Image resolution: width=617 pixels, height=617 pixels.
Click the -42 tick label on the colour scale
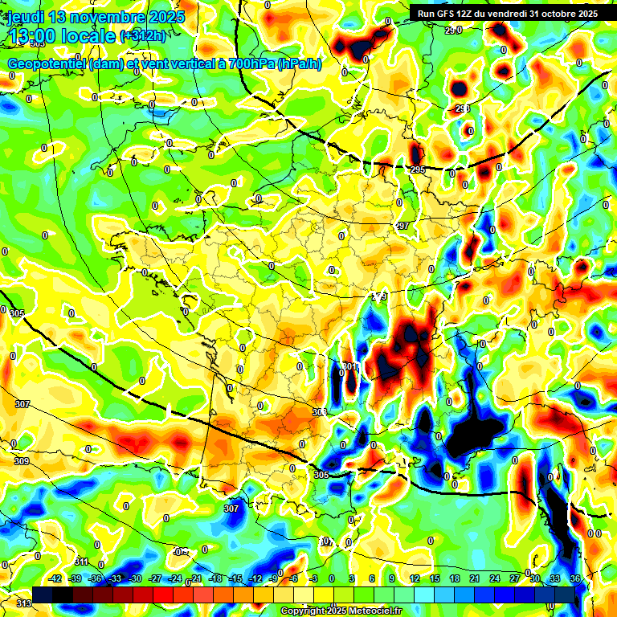[x=55, y=578]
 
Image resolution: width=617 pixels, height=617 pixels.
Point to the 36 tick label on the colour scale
[x=575, y=578]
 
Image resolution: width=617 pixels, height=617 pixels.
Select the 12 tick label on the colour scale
[x=415, y=578]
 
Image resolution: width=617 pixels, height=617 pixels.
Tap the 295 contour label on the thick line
[x=418, y=170]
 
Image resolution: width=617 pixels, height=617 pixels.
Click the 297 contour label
[x=402, y=226]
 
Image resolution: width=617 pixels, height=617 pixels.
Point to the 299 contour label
[x=380, y=297]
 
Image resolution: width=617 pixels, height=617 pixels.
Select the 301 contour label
[x=349, y=367]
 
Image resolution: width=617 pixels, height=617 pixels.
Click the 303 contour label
[x=320, y=412]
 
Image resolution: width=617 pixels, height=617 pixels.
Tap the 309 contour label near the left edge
[x=22, y=461]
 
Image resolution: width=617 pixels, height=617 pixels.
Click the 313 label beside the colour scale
[x=23, y=603]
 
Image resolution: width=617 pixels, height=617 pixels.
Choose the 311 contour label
[x=81, y=562]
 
